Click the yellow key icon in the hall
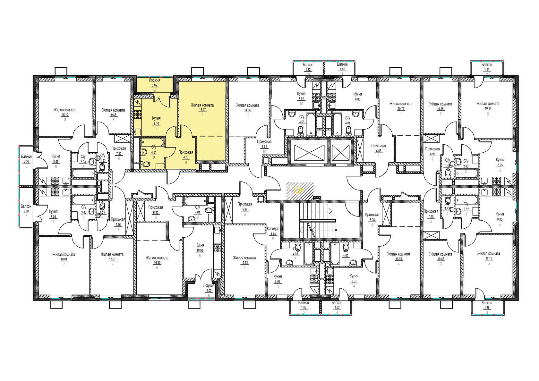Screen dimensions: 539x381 (299, 190)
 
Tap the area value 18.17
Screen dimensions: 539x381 (202, 109)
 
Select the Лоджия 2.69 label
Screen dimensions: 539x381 (155, 83)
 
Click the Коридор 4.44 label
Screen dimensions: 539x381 (273, 231)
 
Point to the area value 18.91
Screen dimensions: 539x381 (398, 259)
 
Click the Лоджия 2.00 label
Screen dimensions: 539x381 (209, 288)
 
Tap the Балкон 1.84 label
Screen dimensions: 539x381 (486, 67)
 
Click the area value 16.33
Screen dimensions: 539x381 (157, 263)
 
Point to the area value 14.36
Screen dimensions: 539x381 (247, 111)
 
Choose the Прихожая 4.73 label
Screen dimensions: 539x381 (186, 155)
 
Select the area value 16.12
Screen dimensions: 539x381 (65, 115)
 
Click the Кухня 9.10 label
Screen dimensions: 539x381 (156, 121)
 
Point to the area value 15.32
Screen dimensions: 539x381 (244, 263)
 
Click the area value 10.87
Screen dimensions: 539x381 (440, 259)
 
